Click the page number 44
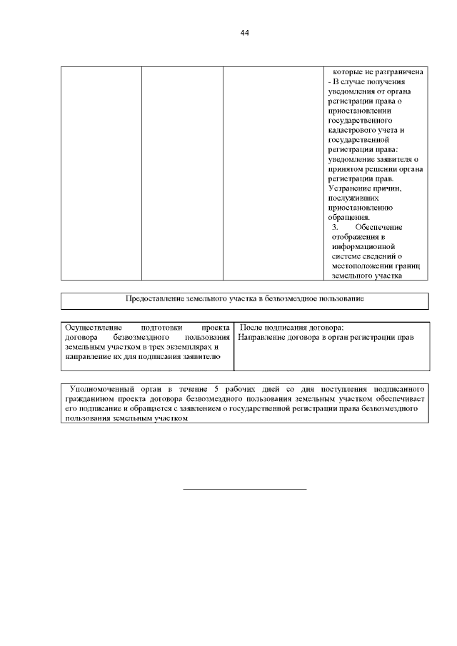[x=245, y=33]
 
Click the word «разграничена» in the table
[x=402, y=73]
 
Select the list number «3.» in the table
[x=335, y=227]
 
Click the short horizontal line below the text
[x=244, y=489]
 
